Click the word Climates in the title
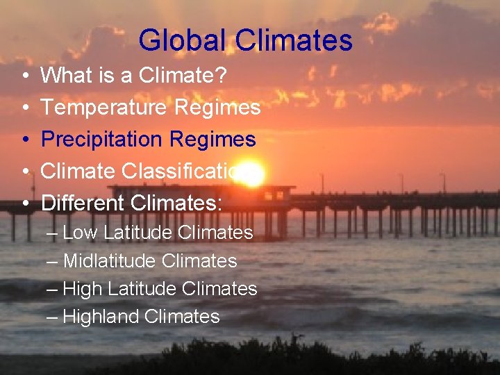(x=294, y=40)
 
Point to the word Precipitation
(x=101, y=139)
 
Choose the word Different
(x=82, y=203)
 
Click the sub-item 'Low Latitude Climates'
(x=158, y=233)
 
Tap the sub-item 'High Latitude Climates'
(x=160, y=289)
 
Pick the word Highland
(x=101, y=317)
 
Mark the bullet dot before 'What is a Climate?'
(x=25, y=76)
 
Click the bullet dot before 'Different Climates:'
(x=25, y=203)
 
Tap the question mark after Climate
(x=220, y=75)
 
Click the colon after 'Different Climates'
(x=220, y=204)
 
